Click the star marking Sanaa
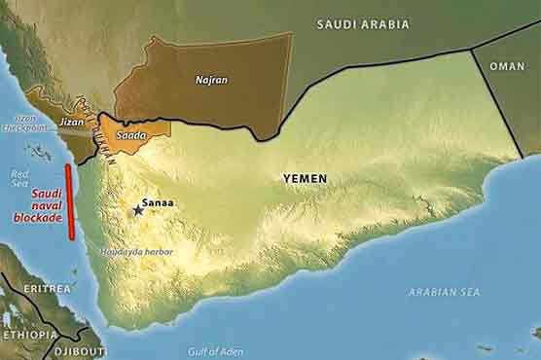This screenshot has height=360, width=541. point(137,209)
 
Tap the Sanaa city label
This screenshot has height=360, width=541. point(159,203)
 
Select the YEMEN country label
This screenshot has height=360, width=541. point(305,178)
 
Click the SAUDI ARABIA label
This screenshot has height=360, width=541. point(363,23)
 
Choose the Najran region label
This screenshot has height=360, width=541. point(211,80)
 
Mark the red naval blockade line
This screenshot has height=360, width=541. point(68,201)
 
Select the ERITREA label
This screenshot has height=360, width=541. point(47,289)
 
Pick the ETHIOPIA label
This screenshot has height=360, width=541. point(29,335)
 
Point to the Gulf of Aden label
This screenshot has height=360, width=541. point(215,351)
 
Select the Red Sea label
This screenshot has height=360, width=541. point(20,178)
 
